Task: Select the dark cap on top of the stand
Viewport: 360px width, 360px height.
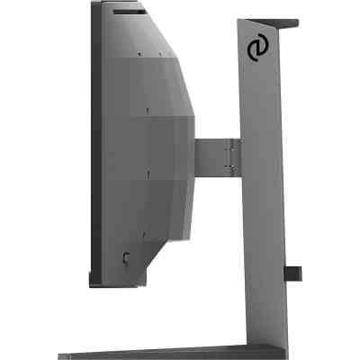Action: click(x=287, y=22)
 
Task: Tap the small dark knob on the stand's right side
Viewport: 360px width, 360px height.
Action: click(x=293, y=272)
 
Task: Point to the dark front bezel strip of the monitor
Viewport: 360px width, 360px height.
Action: click(x=94, y=144)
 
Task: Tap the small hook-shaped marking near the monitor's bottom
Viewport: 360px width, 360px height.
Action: click(x=126, y=258)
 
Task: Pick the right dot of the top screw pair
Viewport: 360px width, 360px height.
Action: click(x=161, y=53)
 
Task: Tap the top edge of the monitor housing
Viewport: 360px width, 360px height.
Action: click(x=126, y=4)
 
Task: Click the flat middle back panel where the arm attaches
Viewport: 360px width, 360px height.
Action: click(x=171, y=148)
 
